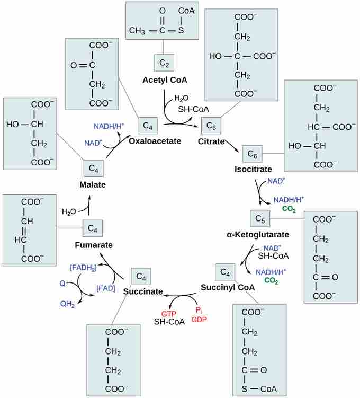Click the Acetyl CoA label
coord(165,80)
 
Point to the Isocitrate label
coord(253,169)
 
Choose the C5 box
coord(259,218)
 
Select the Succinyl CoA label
coord(228,287)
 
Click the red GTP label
coord(161,313)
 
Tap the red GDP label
coord(199,320)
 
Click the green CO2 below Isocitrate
coord(289,209)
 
